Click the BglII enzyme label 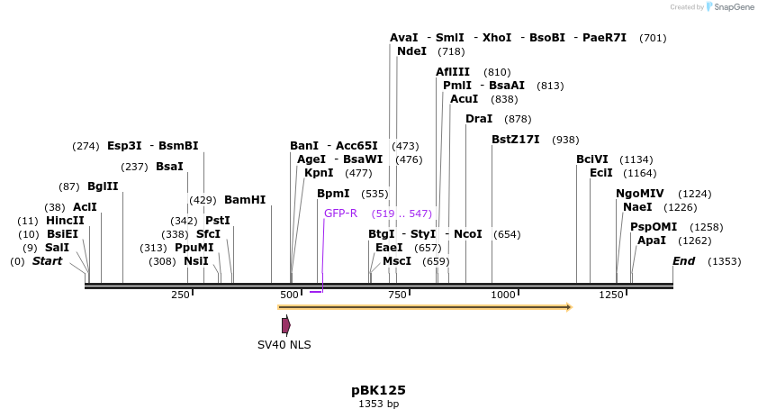pyautogui.click(x=103, y=186)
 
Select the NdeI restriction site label pyautogui.click(x=411, y=51)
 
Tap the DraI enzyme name pyautogui.click(x=479, y=119)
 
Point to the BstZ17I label pyautogui.click(x=516, y=140)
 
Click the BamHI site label pyautogui.click(x=245, y=200)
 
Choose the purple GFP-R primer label pyautogui.click(x=341, y=214)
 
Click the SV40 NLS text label pyautogui.click(x=284, y=344)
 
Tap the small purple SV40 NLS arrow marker pyautogui.click(x=286, y=325)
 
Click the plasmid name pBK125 pyautogui.click(x=378, y=390)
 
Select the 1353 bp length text pyautogui.click(x=378, y=404)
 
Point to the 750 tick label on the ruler pyautogui.click(x=397, y=295)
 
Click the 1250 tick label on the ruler pyautogui.click(x=611, y=295)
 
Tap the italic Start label pyautogui.click(x=48, y=261)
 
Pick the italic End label pyautogui.click(x=684, y=261)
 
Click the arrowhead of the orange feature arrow pyautogui.click(x=568, y=307)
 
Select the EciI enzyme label pyautogui.click(x=600, y=173)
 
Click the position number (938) pyautogui.click(x=565, y=140)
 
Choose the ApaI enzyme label pyautogui.click(x=652, y=241)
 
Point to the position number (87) pyautogui.click(x=69, y=186)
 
